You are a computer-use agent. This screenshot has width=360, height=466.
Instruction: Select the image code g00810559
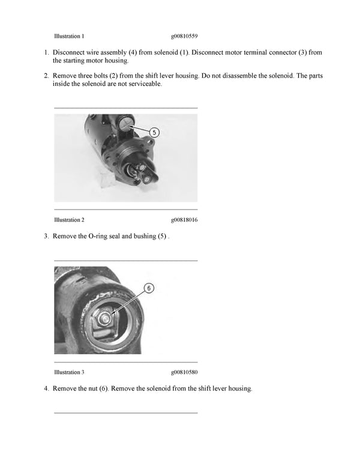(x=184, y=36)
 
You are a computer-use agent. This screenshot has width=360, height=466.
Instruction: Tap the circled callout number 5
(x=154, y=132)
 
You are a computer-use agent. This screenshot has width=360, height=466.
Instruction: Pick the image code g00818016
(x=184, y=220)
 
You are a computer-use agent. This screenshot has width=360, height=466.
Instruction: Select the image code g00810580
(x=184, y=372)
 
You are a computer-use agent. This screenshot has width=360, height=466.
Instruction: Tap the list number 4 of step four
(x=46, y=389)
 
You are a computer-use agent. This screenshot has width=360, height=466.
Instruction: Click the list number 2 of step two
(x=46, y=76)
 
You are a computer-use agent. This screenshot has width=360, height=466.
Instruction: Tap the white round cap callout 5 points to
(x=128, y=124)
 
